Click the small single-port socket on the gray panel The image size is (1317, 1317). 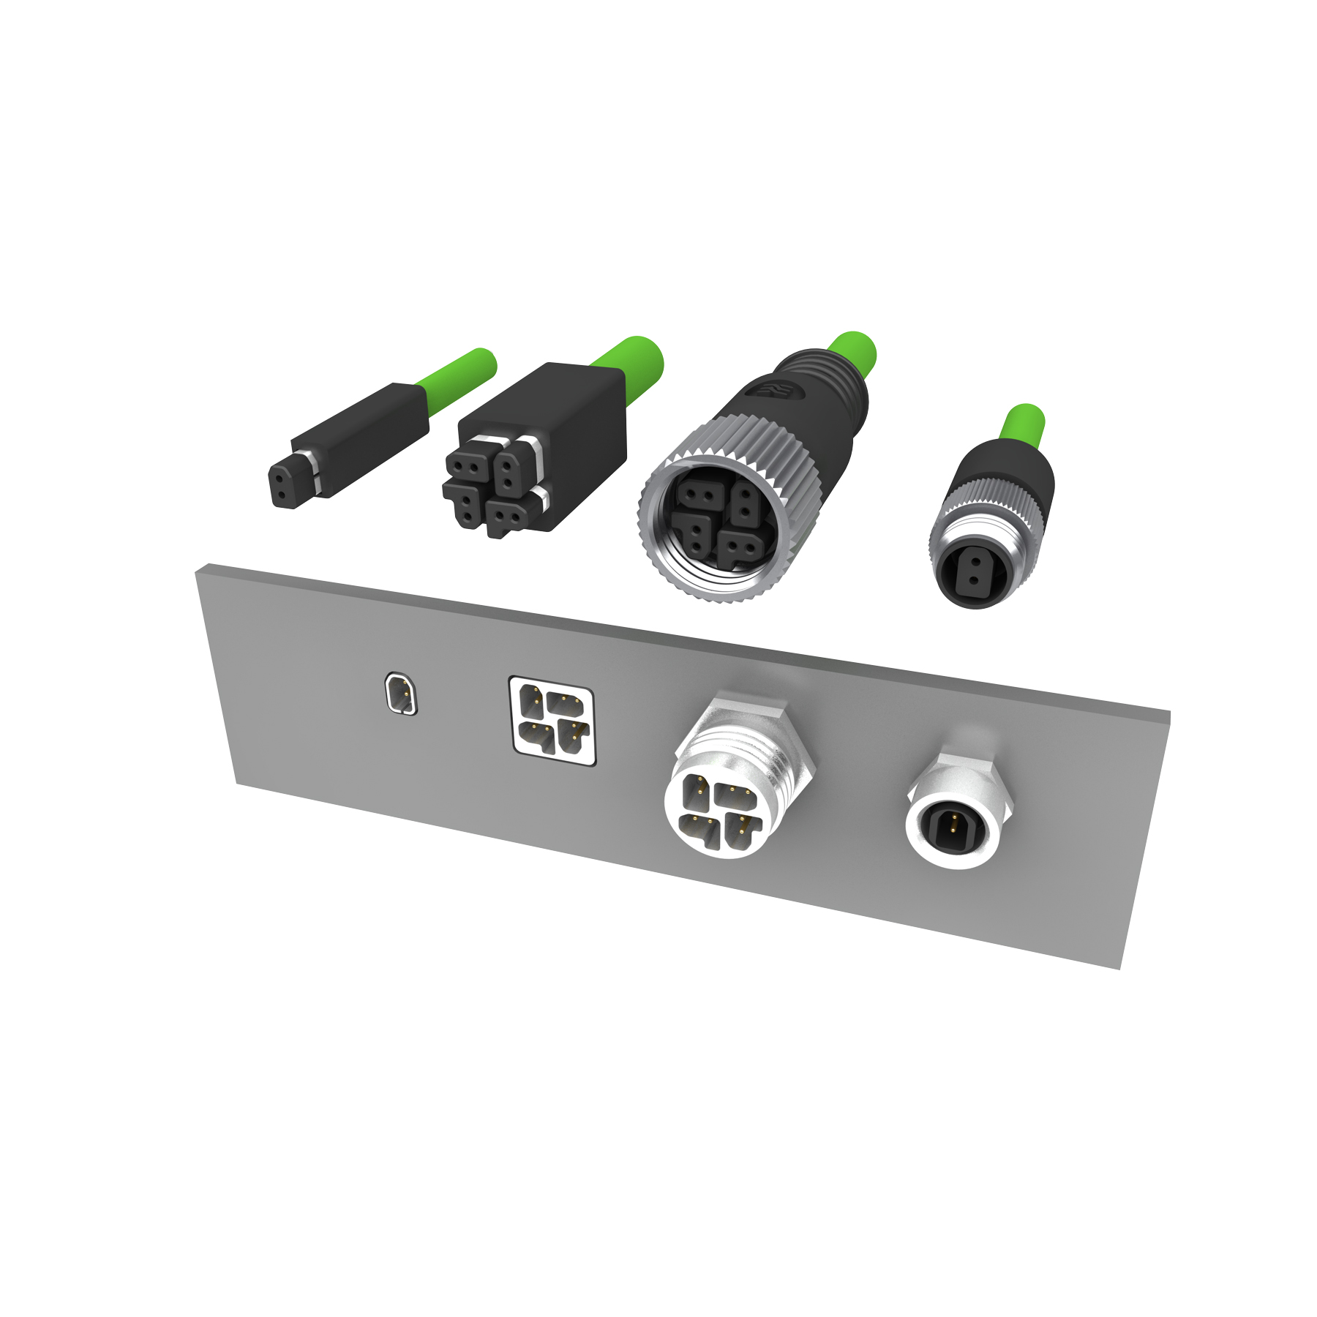click(401, 693)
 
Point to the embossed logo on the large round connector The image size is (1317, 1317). click(776, 391)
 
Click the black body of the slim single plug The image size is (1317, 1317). click(366, 439)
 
